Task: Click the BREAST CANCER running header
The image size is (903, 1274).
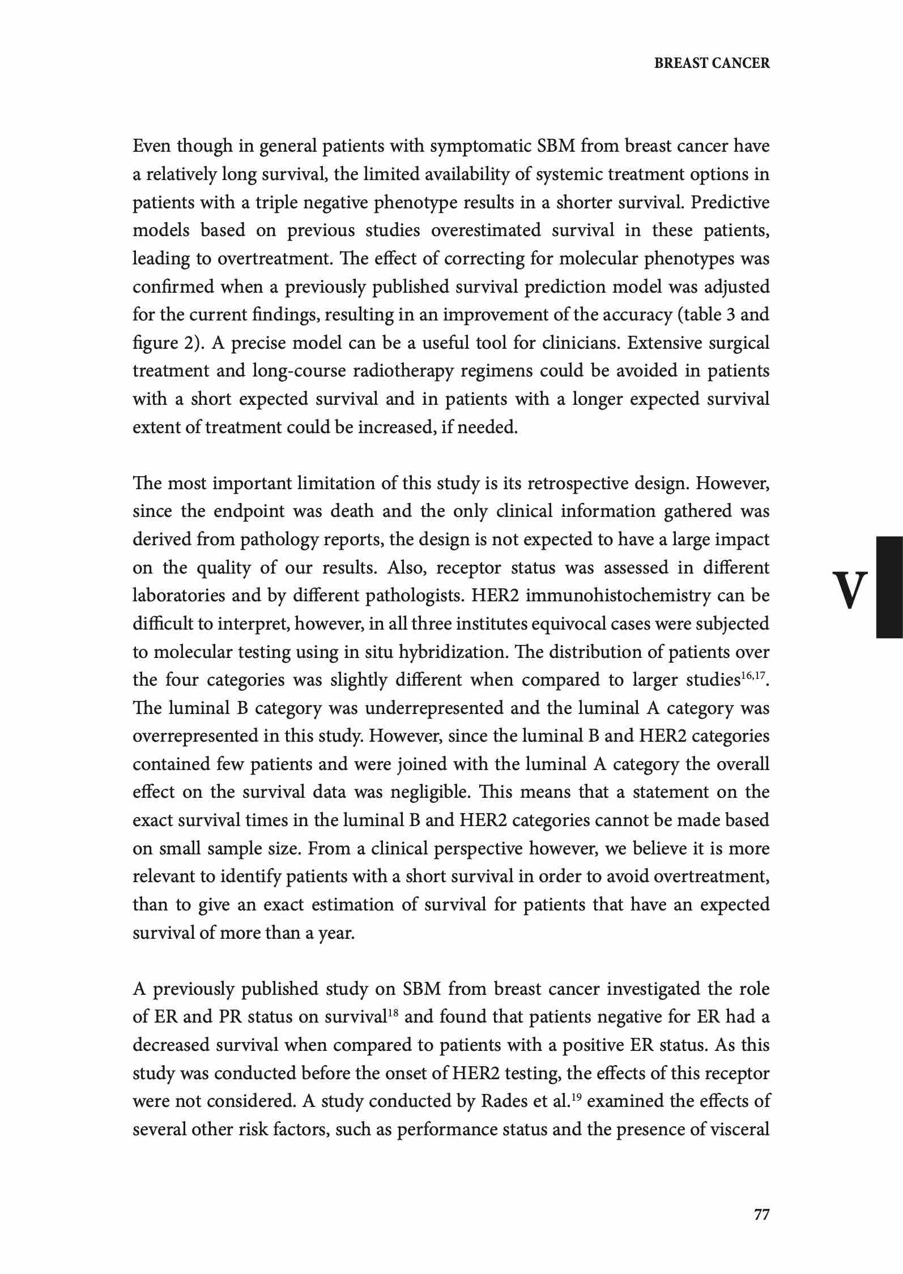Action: click(712, 63)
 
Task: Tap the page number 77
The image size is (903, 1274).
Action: click(761, 1214)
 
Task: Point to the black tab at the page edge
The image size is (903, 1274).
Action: click(889, 587)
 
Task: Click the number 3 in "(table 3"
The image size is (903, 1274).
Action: click(730, 315)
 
